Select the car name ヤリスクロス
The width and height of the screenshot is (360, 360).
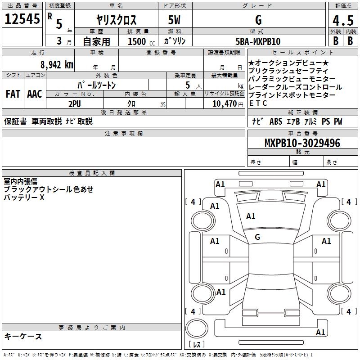coord(117,20)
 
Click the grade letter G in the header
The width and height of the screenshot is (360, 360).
coord(258,20)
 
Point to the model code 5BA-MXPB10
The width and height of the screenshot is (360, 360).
coord(258,41)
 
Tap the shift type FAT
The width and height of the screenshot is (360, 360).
coord(13,94)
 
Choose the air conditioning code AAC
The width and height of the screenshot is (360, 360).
coord(34,94)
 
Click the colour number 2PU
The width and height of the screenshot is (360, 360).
coord(74,103)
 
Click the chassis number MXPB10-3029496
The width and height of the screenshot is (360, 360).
coord(302,143)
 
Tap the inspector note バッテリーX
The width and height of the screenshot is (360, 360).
coord(24,198)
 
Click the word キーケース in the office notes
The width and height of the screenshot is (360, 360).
coord(23,336)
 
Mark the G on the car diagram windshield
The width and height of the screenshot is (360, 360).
coord(257,237)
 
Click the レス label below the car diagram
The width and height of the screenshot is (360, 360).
coord(197,344)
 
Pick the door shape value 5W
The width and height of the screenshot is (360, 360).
coord(175,20)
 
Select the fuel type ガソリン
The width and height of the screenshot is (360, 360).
coord(175,41)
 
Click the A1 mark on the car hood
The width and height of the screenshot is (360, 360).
coord(251,216)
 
